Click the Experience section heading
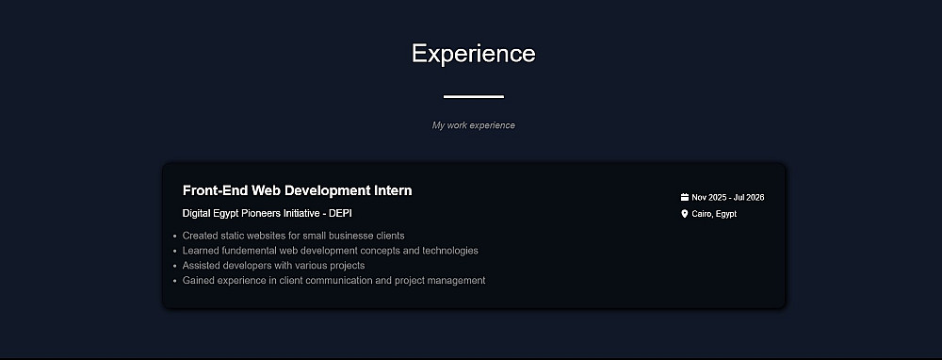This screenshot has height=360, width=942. click(x=474, y=54)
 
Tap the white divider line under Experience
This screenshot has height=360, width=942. click(x=474, y=96)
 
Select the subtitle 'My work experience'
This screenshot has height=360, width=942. click(x=474, y=125)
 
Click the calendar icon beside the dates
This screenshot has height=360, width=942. click(x=684, y=197)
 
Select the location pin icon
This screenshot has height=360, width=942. click(x=684, y=213)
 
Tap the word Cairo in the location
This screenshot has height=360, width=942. click(x=702, y=214)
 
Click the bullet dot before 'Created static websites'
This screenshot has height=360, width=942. click(x=174, y=237)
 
